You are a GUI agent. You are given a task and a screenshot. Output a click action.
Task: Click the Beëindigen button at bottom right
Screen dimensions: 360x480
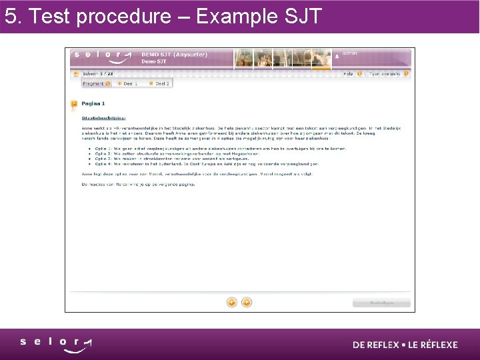pyautogui.click(x=382, y=303)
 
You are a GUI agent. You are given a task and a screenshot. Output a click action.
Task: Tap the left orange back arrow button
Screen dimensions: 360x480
pyautogui.click(x=232, y=302)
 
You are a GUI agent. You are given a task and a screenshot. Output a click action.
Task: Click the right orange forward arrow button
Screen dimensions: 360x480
pyautogui.click(x=246, y=302)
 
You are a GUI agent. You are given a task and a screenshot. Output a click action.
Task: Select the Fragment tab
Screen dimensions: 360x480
pyautogui.click(x=95, y=83)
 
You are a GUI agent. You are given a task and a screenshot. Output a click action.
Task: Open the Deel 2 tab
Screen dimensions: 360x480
pyautogui.click(x=159, y=83)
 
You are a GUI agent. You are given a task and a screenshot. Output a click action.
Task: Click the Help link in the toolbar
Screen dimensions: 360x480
pyautogui.click(x=348, y=74)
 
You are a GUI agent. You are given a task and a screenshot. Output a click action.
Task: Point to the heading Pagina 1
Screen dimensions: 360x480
pyautogui.click(x=93, y=104)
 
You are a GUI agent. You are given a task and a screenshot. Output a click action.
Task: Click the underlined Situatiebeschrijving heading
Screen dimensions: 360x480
pyautogui.click(x=103, y=117)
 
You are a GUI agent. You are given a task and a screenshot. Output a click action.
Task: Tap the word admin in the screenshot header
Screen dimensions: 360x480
pyautogui.click(x=350, y=53)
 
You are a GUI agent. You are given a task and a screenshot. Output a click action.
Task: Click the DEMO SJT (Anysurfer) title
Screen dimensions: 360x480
pyautogui.click(x=174, y=54)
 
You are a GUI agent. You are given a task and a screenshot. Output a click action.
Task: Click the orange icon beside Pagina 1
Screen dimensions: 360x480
pyautogui.click(x=74, y=104)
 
